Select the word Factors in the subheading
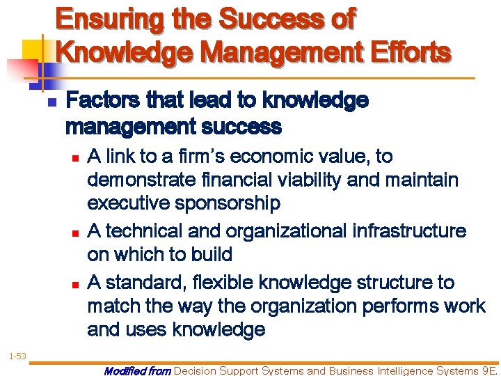(100, 102)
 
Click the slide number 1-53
(17, 357)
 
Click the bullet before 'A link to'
(75, 157)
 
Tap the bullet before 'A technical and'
(75, 231)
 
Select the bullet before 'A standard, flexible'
(75, 283)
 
